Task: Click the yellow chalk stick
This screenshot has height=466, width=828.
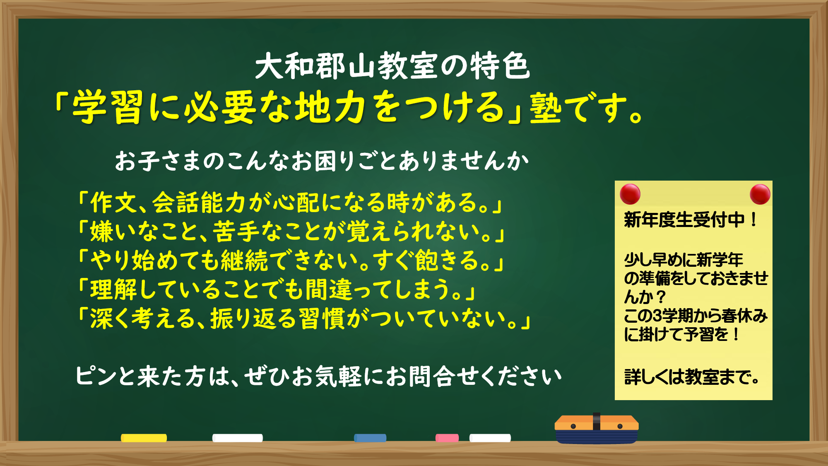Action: pos(144,438)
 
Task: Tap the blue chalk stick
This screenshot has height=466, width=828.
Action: pos(370,438)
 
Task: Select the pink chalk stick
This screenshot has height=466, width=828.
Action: pos(447,438)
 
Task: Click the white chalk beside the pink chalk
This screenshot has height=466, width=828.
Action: pos(490,438)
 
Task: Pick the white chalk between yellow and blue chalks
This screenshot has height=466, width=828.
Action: pos(237,438)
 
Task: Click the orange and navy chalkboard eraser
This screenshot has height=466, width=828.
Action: pos(597,429)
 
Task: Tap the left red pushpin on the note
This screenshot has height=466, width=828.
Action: pos(630,194)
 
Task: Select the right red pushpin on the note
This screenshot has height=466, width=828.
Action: pos(760,194)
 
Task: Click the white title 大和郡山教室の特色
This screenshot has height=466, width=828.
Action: pos(392,66)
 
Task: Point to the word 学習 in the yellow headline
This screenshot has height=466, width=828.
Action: pos(108,107)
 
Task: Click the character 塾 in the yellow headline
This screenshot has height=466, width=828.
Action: pos(546,107)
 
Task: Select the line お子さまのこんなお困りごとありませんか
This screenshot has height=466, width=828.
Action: pos(322,161)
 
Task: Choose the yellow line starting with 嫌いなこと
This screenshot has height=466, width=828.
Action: pos(291,232)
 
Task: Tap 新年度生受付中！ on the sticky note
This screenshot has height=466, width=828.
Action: pos(691,220)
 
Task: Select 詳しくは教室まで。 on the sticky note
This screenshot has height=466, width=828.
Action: pos(692,377)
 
